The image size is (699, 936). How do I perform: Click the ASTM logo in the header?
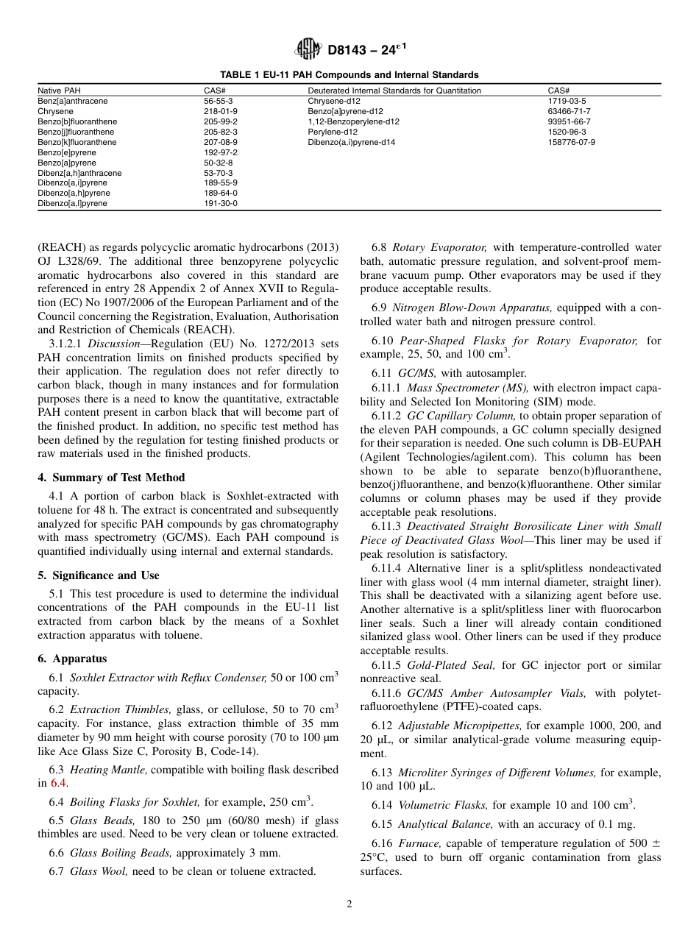(308, 50)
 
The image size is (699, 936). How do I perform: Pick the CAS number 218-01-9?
(220, 111)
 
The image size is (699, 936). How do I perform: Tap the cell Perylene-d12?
(332, 132)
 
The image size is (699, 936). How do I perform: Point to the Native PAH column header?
(60, 91)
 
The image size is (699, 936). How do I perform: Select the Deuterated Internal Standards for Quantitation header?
(394, 91)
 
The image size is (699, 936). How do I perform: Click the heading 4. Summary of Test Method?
(111, 478)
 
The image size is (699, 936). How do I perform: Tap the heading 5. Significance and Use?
(99, 575)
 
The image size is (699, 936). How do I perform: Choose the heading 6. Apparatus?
(72, 659)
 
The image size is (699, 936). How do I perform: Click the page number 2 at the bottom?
(349, 904)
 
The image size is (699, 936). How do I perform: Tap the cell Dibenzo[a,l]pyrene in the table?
(72, 204)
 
